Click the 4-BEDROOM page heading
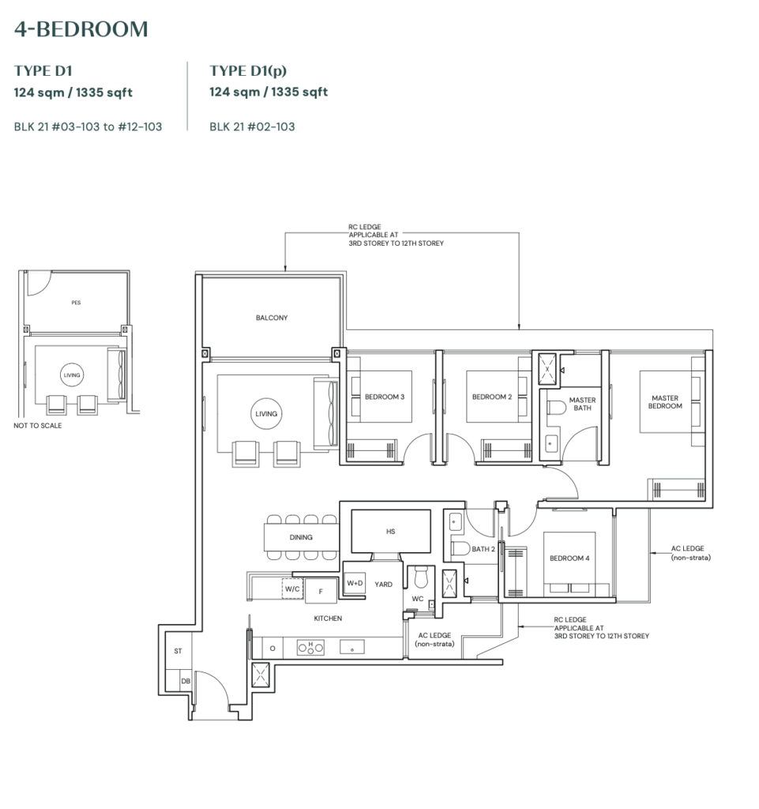[81, 30]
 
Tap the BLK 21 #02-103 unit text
[252, 126]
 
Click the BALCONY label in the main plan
[272, 318]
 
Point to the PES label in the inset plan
[76, 302]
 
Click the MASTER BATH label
[583, 404]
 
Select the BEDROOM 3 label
[384, 397]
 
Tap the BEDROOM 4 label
[569, 559]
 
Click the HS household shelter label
[390, 532]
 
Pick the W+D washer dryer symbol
[355, 584]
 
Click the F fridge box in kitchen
[321, 590]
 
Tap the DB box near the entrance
[185, 680]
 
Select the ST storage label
[177, 651]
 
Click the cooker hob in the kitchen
[310, 647]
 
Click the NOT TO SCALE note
[37, 425]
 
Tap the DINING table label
[300, 537]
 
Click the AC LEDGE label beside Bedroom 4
[687, 552]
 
